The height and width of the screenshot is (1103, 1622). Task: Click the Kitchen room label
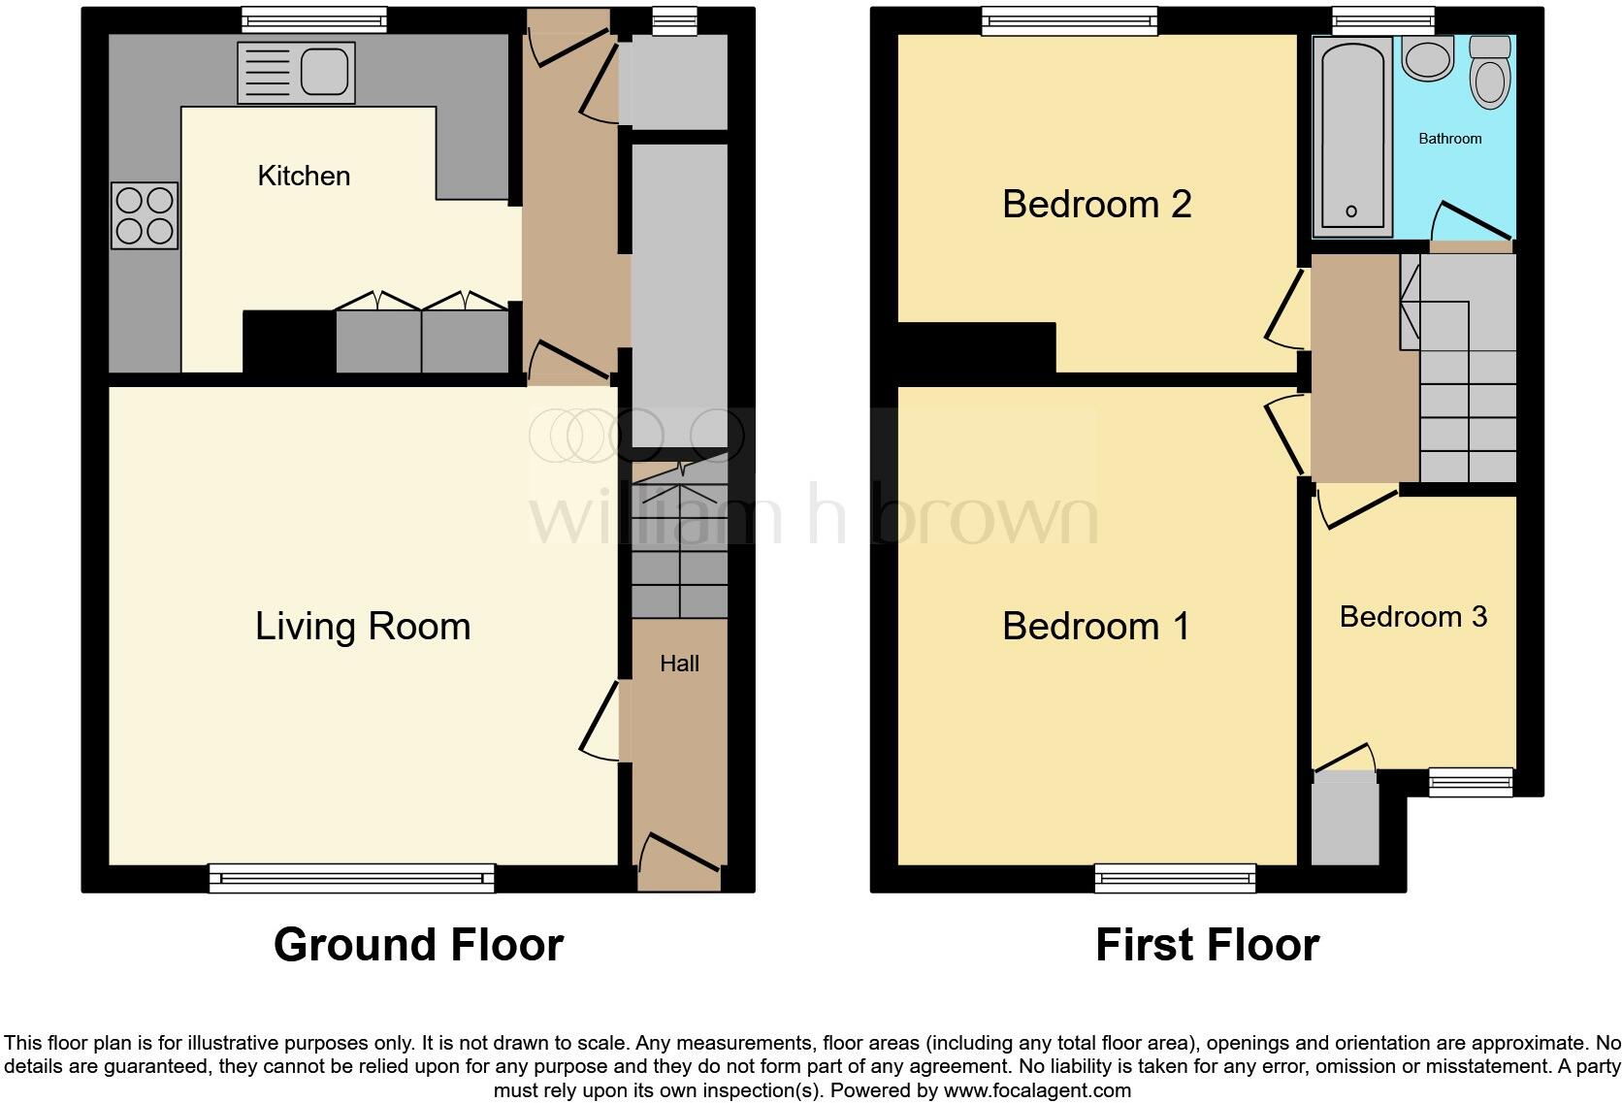[304, 176]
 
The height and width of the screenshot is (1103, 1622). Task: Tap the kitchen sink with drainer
[296, 73]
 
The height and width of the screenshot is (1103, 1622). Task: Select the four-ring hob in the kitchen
[145, 215]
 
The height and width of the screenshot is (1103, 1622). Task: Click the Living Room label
[363, 627]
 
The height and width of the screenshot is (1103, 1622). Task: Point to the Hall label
[679, 664]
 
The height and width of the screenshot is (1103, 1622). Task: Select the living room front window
[351, 878]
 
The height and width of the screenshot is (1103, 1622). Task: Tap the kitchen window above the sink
[301, 19]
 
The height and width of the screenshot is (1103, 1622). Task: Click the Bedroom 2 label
[1096, 205]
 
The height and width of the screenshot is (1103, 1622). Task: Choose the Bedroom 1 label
[1096, 627]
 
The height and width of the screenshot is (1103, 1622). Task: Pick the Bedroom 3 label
[1412, 617]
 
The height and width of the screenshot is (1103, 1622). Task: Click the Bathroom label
[1449, 139]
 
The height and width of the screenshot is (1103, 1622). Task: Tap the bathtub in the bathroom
[1351, 136]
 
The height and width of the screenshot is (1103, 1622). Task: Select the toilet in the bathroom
[1490, 72]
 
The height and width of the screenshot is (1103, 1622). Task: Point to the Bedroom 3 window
[1472, 781]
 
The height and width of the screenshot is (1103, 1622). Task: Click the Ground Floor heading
[418, 945]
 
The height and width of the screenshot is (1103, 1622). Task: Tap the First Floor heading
[1207, 945]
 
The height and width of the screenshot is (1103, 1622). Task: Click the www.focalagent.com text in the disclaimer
[1037, 1090]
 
